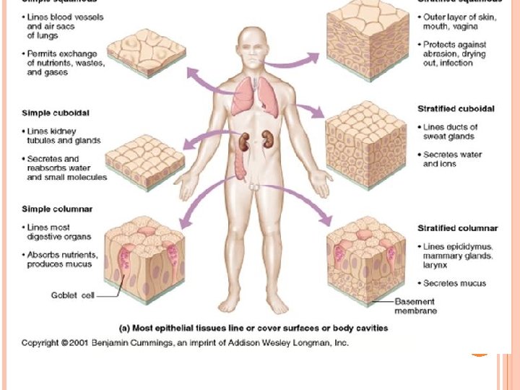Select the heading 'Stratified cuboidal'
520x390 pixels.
pos(456,109)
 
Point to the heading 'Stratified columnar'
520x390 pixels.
pos(457,229)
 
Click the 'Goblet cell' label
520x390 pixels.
pos(71,295)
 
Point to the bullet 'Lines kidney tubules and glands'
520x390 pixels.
pos(63,136)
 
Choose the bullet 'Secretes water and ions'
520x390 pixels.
pos(451,159)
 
